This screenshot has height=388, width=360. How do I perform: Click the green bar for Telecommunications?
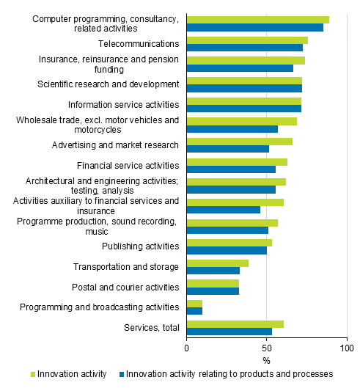(247, 40)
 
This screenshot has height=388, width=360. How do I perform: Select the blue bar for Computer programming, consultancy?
(255, 28)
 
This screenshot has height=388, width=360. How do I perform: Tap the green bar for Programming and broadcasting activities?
(194, 303)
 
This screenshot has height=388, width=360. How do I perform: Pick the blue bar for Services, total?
(229, 331)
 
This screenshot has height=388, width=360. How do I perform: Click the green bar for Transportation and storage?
(218, 263)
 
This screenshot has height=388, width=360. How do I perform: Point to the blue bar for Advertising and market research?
(228, 149)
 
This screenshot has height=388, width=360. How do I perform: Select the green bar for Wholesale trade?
(242, 121)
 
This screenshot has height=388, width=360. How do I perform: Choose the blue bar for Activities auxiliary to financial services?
(224, 210)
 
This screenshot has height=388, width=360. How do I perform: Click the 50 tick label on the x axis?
(266, 347)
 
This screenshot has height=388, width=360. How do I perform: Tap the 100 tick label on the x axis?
(346, 347)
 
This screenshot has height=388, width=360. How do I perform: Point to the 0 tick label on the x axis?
(187, 347)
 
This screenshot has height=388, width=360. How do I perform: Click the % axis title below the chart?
(266, 360)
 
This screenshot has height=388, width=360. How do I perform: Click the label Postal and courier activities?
(125, 287)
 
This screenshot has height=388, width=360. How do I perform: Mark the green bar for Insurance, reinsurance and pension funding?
(246, 60)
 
